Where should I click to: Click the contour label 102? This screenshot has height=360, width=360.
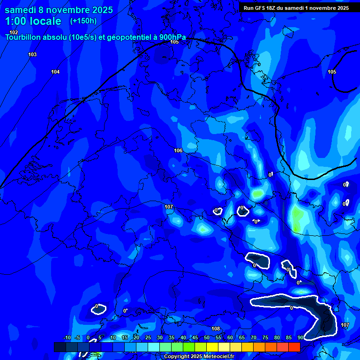point(14,32)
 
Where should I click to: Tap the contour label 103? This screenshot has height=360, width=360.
point(32,55)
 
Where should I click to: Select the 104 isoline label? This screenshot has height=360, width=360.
point(55,72)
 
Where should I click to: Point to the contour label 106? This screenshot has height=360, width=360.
point(178,150)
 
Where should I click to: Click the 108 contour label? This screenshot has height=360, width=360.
point(216,329)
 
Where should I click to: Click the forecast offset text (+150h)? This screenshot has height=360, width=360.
point(83,21)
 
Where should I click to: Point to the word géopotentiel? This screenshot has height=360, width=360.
point(126,37)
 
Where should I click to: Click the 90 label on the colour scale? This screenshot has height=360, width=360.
point(300,337)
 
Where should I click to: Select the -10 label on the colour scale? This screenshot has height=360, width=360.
point(67,337)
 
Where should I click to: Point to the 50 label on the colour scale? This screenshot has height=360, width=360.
point(206,337)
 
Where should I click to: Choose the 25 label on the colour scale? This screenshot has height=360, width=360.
point(148,337)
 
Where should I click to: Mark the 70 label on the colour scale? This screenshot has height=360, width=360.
point(253,337)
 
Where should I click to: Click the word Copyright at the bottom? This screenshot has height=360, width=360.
point(176,357)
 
